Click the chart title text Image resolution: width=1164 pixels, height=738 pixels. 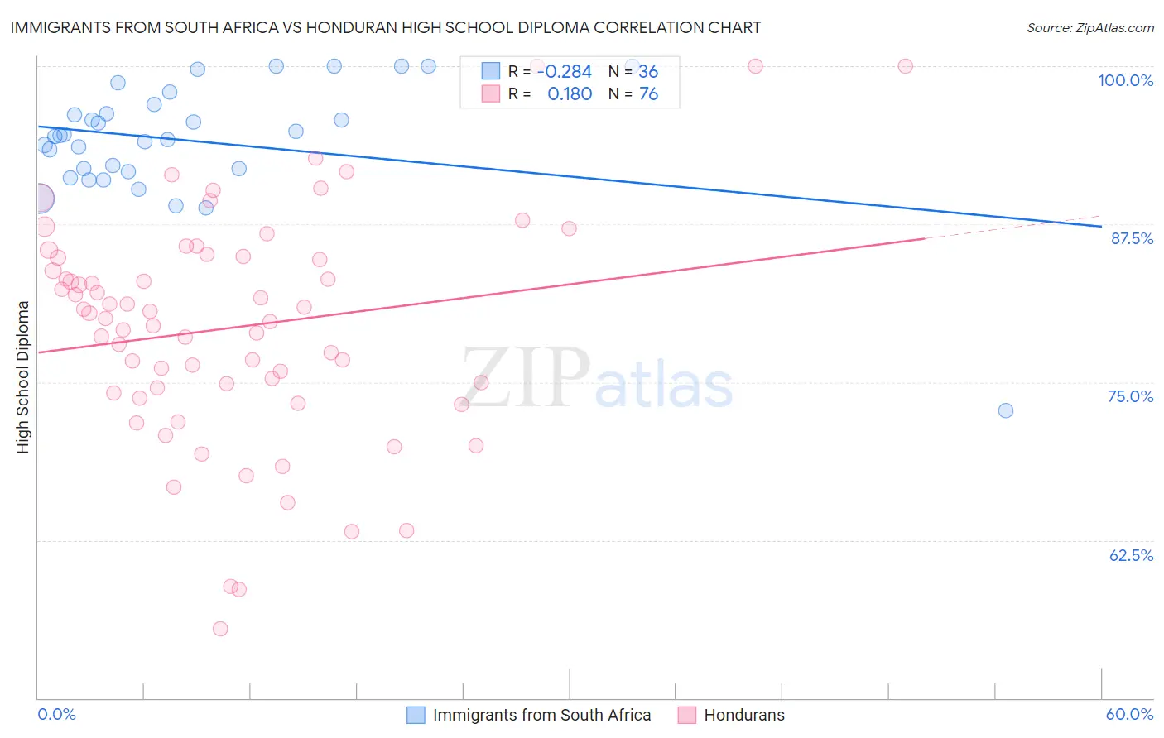click(x=385, y=27)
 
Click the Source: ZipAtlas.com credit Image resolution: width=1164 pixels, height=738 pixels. click(x=1089, y=28)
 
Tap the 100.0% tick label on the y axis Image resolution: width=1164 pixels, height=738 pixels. click(x=1125, y=80)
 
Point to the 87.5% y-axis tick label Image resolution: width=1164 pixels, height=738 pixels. click(x=1132, y=238)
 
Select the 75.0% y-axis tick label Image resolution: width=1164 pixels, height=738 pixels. click(x=1130, y=396)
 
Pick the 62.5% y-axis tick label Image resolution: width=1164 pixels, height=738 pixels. click(x=1131, y=555)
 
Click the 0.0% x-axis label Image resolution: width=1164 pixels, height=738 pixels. click(x=56, y=714)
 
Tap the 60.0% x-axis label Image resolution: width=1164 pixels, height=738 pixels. click(x=1129, y=714)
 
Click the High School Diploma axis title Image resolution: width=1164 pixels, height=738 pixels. click(x=23, y=376)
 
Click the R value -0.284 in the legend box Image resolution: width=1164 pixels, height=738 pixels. click(x=564, y=72)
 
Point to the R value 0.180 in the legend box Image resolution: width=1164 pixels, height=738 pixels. click(x=570, y=94)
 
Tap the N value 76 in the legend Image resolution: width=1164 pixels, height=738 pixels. click(x=648, y=94)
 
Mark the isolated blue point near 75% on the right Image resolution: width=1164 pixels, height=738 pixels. click(x=1006, y=410)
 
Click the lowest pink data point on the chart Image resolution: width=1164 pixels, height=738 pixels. click(x=220, y=629)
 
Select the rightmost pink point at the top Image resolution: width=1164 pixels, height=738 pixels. click(x=906, y=66)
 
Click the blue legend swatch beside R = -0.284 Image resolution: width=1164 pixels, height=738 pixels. click(x=491, y=72)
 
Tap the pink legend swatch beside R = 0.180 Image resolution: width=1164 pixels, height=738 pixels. click(x=491, y=94)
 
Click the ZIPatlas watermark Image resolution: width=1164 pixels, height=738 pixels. click(x=597, y=379)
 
